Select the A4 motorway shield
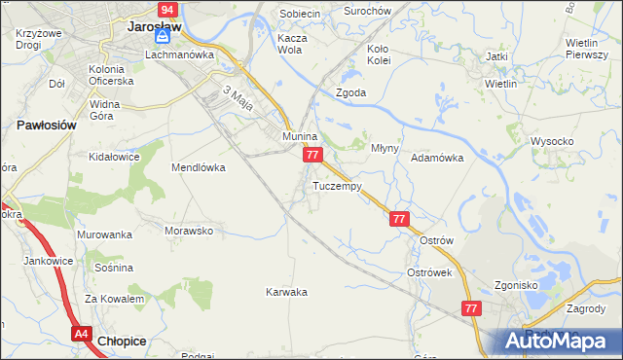[x=82, y=334]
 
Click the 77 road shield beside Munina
[x=311, y=156]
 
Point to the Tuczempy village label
[x=338, y=186]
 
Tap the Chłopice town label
[x=124, y=341]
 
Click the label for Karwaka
[x=287, y=291]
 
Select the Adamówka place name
[x=436, y=157]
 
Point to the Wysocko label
[x=552, y=141]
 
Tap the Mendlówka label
[x=199, y=166]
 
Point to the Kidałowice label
[x=115, y=156]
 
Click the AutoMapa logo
[x=560, y=341]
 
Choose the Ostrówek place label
[x=429, y=272]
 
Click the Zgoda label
[x=350, y=92]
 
